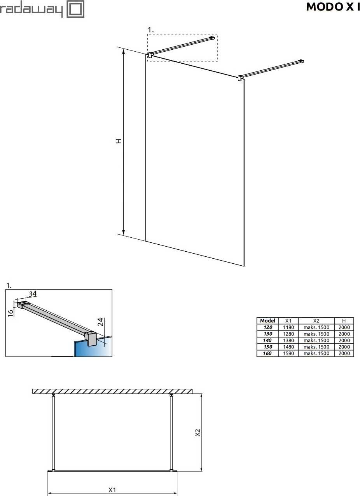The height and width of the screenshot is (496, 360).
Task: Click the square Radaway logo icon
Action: pyautogui.click(x=75, y=9)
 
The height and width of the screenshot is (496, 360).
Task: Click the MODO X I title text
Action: pyautogui.click(x=333, y=7)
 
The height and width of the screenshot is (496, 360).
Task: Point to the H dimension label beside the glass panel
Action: pyautogui.click(x=119, y=141)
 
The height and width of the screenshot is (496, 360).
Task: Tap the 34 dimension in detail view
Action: pyautogui.click(x=33, y=294)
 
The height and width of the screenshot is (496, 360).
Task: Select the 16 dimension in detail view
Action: pyautogui.click(x=10, y=313)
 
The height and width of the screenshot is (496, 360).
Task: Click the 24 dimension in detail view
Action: pyautogui.click(x=100, y=322)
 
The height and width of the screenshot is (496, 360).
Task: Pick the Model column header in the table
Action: pyautogui.click(x=267, y=320)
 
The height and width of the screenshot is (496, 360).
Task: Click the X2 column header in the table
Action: pyautogui.click(x=316, y=321)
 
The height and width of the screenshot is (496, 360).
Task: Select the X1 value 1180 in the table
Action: pyautogui.click(x=288, y=327)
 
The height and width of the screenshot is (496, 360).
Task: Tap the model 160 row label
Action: pyautogui.click(x=267, y=353)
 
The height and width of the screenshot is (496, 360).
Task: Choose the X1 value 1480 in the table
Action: pyautogui.click(x=288, y=347)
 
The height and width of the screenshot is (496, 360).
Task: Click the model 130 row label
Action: pyautogui.click(x=268, y=334)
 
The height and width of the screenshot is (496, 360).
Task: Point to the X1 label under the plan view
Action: pyautogui.click(x=112, y=490)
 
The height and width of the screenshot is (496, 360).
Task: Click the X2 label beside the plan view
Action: pyautogui.click(x=197, y=432)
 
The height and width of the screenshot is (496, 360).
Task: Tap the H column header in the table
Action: pyautogui.click(x=344, y=321)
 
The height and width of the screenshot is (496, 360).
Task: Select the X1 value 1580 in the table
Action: pyautogui.click(x=288, y=353)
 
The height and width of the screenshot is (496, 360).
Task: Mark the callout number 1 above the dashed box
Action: pyautogui.click(x=151, y=30)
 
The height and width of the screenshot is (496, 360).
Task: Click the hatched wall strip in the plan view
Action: pyautogui.click(x=112, y=391)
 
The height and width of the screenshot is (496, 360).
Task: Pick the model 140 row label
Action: pyautogui.click(x=267, y=340)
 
